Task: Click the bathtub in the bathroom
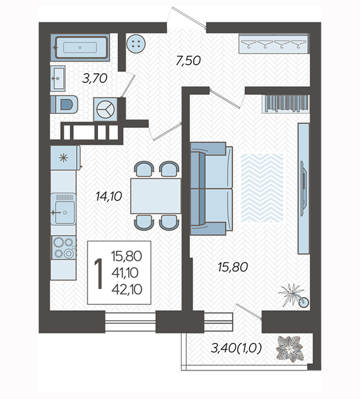(80, 48)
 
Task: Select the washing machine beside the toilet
(106, 109)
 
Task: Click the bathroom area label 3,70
(95, 79)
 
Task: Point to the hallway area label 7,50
(188, 60)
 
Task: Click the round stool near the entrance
(136, 44)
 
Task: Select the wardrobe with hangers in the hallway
(274, 43)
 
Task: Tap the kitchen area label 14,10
(109, 196)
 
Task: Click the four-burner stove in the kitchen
(64, 248)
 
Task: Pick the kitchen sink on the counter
(63, 209)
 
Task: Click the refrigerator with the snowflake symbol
(66, 158)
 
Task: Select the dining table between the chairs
(156, 196)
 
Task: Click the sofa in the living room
(212, 189)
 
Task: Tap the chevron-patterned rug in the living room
(262, 188)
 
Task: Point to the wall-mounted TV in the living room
(303, 189)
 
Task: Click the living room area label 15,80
(232, 267)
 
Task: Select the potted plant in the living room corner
(294, 295)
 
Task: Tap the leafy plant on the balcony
(290, 348)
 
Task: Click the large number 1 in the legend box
(99, 274)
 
